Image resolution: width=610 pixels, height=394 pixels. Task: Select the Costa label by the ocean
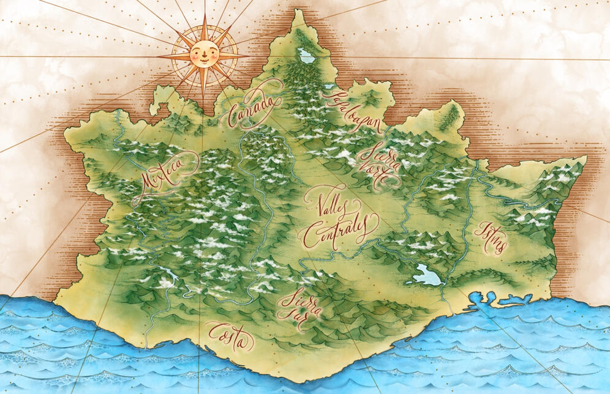pyautogui.click(x=228, y=334)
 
